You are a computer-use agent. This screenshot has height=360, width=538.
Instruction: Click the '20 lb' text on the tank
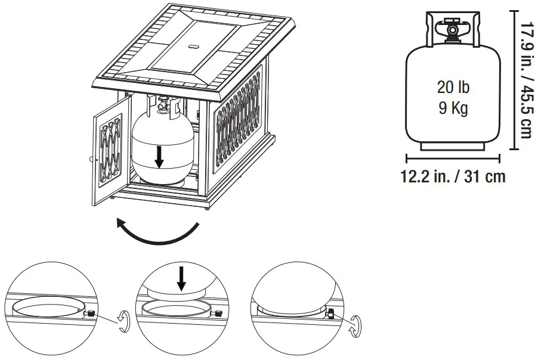pos(453,88)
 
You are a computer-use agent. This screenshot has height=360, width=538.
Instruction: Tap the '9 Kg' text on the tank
pos(453,109)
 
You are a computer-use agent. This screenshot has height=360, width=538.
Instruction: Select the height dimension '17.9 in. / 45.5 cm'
pos(525,80)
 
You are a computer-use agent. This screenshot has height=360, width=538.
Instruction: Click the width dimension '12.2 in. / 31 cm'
pos(453,176)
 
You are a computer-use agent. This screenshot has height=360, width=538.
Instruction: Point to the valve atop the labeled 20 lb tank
pos(453,28)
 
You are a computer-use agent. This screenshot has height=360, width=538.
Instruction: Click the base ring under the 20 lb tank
pos(453,145)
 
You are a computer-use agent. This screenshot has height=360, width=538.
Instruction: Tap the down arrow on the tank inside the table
pos(159,156)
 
